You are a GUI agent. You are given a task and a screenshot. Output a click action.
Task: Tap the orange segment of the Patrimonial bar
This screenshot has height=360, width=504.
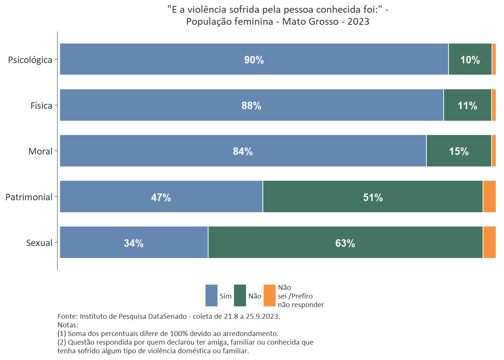489,196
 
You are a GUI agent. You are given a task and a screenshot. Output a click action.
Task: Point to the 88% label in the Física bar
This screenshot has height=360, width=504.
251,106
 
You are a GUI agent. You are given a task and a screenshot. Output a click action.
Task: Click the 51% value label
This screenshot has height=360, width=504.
373,198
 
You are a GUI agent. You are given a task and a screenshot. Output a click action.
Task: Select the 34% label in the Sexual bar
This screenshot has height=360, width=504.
134,243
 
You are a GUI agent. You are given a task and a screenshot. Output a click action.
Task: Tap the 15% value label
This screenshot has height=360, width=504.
459,151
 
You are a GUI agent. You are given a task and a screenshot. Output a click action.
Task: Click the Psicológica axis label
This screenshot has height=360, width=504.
30,60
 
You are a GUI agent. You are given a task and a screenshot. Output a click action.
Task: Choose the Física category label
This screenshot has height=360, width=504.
41,106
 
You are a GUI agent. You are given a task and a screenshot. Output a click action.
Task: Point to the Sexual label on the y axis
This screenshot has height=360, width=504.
39,243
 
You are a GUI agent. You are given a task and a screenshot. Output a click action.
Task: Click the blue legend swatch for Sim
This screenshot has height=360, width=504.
211,295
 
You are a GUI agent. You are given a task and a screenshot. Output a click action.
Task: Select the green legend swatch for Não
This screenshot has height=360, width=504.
240,295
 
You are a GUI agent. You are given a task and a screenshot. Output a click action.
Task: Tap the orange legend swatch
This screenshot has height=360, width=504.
270,295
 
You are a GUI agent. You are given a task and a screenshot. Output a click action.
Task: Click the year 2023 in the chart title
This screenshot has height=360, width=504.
358,22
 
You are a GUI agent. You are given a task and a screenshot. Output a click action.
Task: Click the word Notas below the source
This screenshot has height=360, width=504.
67,325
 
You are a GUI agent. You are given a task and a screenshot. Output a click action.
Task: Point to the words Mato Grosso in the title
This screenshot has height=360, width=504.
310,22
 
